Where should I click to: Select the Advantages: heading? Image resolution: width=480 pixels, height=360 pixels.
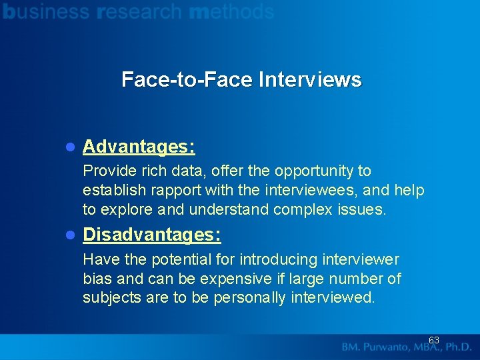point(139,146)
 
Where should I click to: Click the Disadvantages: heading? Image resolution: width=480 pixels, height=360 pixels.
point(152,235)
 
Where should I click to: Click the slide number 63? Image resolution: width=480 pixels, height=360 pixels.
point(434,340)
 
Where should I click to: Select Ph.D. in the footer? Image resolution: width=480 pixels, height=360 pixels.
point(458,347)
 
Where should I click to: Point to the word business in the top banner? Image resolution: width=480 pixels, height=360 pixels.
point(45,11)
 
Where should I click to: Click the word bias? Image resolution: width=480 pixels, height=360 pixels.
point(97,278)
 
